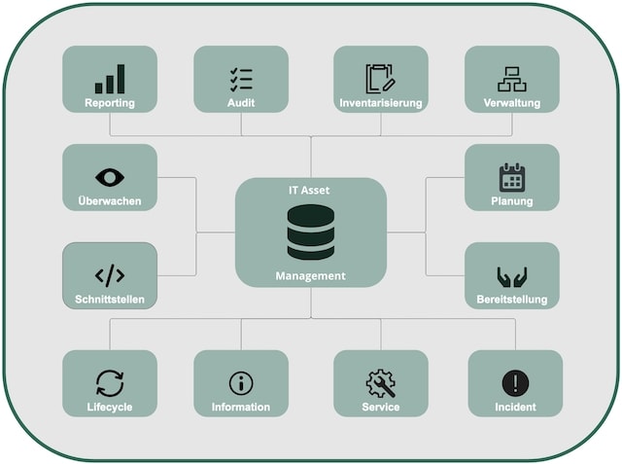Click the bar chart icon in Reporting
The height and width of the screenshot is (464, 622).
click(110, 80)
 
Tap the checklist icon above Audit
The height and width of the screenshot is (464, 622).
click(241, 79)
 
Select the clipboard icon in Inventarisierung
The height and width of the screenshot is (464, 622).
click(380, 79)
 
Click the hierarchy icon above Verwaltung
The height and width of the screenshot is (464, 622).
click(511, 79)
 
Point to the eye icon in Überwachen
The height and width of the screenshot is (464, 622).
click(110, 177)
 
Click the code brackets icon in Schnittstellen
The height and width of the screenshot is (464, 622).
click(110, 275)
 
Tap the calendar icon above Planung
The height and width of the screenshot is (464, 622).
click(511, 177)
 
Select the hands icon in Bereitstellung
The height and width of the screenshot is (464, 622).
click(511, 275)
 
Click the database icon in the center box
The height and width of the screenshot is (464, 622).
click(311, 232)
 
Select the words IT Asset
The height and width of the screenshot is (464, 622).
click(311, 192)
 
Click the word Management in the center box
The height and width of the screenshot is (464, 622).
click(311, 276)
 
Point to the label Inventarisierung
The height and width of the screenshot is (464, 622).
click(380, 103)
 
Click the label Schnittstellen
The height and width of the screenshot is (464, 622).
click(110, 300)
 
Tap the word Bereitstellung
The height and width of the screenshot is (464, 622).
click(512, 300)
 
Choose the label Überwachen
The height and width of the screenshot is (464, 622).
click(110, 201)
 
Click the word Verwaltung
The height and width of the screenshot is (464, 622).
click(511, 103)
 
